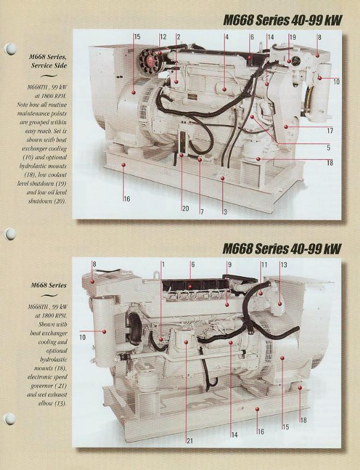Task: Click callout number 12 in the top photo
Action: (x=163, y=37)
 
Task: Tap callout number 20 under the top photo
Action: (x=185, y=209)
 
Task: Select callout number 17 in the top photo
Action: (x=330, y=131)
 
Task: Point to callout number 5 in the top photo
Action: (x=328, y=147)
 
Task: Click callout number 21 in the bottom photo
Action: (x=190, y=441)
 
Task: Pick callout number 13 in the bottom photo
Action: (x=284, y=265)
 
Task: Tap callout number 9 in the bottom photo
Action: (x=230, y=265)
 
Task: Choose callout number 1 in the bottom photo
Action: (x=163, y=264)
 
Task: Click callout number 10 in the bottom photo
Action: (x=82, y=337)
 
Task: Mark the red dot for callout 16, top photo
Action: (x=123, y=164)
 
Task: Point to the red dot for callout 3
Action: (x=223, y=179)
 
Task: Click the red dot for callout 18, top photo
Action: (x=258, y=159)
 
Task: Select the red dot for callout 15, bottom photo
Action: (x=282, y=358)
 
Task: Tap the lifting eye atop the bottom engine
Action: (x=156, y=274)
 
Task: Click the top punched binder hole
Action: (x=11, y=49)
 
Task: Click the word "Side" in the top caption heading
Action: (x=60, y=66)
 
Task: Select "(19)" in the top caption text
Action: (x=61, y=183)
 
